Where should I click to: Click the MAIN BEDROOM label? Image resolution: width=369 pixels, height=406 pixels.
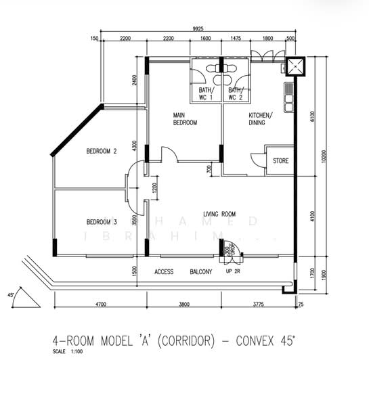[x=185, y=119]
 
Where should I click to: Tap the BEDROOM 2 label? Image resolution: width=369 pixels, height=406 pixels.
[x=102, y=152]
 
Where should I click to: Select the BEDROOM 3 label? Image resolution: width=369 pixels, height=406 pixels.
[x=102, y=222]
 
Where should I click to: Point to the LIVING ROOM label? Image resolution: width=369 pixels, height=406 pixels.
[x=219, y=215]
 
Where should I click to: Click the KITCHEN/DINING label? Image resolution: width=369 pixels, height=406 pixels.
[x=261, y=119]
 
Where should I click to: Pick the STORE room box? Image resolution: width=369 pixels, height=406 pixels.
[x=280, y=161]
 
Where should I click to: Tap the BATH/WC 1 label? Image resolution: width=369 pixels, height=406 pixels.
[x=206, y=94]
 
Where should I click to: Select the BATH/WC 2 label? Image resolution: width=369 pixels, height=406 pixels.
[x=236, y=94]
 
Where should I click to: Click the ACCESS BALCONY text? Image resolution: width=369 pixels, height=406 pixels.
[x=183, y=272]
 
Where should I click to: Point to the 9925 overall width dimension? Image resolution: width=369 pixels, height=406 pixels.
[x=198, y=28]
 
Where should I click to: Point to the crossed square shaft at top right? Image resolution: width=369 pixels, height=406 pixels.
[x=295, y=67]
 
